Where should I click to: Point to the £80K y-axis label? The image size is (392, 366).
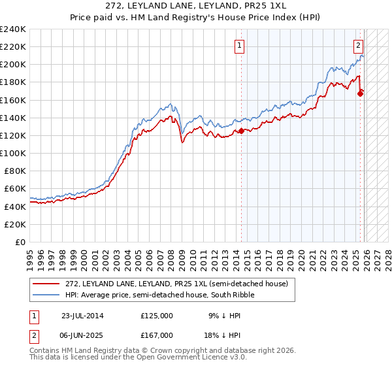[x=14, y=171]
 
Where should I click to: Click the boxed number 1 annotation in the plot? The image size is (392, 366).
[x=240, y=46]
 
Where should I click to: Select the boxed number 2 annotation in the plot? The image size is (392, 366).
[x=359, y=46]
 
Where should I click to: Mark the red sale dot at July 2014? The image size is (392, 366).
[x=241, y=131]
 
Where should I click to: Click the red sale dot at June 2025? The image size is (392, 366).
[x=360, y=94]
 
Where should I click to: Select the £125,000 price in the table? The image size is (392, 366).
[x=157, y=315]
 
